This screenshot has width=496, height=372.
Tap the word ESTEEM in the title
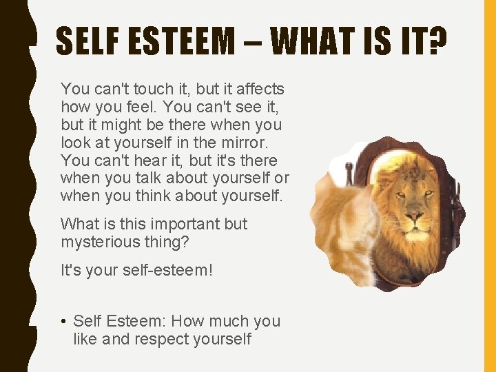180,43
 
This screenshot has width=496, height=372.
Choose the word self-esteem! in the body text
167,269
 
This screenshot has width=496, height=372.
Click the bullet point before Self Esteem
63,321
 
